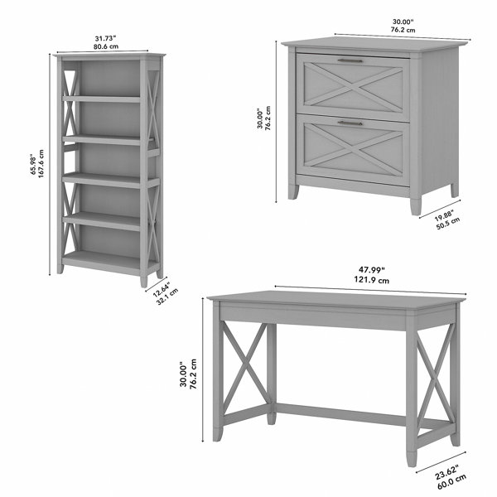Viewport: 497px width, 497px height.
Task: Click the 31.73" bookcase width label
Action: (105, 39)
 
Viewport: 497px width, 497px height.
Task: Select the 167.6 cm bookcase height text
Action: (41, 163)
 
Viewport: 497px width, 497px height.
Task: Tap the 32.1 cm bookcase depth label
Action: (167, 297)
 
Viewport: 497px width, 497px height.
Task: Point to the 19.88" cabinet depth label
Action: (444, 215)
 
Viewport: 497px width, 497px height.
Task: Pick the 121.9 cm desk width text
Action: (371, 280)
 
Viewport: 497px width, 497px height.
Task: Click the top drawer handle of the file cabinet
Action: (350, 60)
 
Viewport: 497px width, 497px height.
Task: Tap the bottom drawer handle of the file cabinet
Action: (350, 123)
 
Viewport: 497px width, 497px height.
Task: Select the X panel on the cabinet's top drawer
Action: (353, 86)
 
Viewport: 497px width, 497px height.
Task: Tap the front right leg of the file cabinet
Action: (415, 206)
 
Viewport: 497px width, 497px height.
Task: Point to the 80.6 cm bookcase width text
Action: (105, 46)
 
